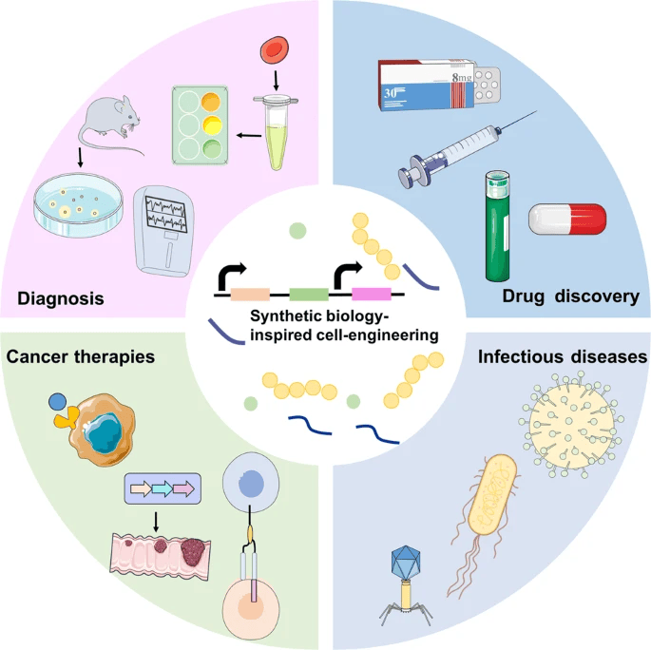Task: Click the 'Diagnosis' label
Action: [60, 300]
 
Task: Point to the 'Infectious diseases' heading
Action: [563, 358]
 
